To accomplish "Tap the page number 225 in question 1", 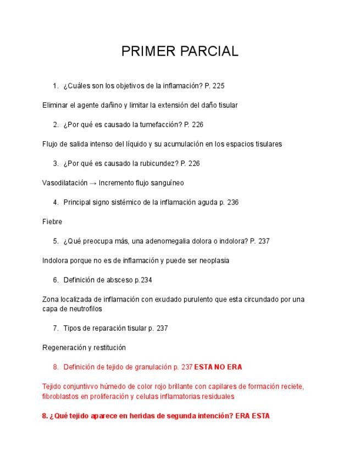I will tap(218, 86).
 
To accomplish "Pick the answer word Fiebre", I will tap(52, 221).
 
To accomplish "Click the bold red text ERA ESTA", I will tap(252, 416).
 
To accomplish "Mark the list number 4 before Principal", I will tap(56, 202).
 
